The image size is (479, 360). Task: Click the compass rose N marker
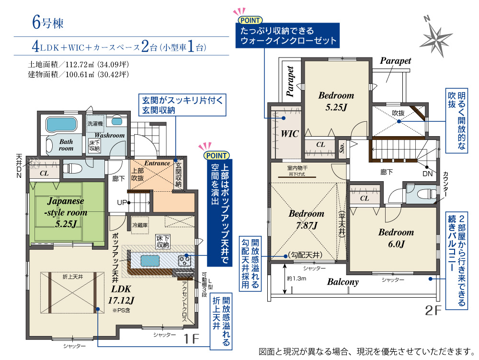click(x=427, y=19)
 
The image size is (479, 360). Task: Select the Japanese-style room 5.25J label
click(x=66, y=212)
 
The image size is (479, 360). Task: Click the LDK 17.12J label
click(x=121, y=295)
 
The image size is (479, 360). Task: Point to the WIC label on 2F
click(x=290, y=134)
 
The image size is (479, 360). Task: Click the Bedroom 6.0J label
click(x=396, y=238)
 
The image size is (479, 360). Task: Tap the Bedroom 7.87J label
click(x=307, y=219)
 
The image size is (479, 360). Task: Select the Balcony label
click(x=343, y=281)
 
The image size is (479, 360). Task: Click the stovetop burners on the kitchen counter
click(x=185, y=261)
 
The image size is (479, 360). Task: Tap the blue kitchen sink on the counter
click(x=150, y=261)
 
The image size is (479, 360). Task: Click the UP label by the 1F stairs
click(x=122, y=202)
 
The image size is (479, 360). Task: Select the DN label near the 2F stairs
click(x=428, y=174)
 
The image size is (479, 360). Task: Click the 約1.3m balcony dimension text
click(x=297, y=279)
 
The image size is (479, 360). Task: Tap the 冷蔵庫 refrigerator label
click(x=140, y=225)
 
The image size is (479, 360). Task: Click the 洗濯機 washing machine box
click(x=95, y=124)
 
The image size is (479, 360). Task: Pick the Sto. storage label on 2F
click(x=342, y=148)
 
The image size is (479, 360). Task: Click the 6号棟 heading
click(x=48, y=23)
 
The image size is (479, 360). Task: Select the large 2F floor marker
click(x=433, y=311)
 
